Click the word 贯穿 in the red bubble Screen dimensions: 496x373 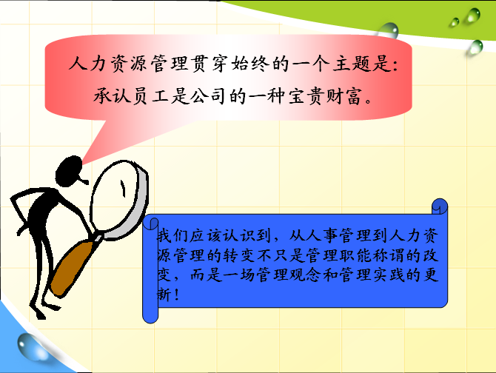coord(209,64)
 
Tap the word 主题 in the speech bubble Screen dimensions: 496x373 coord(352,64)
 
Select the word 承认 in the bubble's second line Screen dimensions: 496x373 coord(112,95)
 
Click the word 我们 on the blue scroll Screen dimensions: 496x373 coord(172,235)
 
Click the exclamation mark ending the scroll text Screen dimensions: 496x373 coord(176,295)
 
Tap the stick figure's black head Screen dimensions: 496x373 coord(69,171)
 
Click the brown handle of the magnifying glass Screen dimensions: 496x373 coord(73,267)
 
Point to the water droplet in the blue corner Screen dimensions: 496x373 coord(31,346)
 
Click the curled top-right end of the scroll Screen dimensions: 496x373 coord(440,206)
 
